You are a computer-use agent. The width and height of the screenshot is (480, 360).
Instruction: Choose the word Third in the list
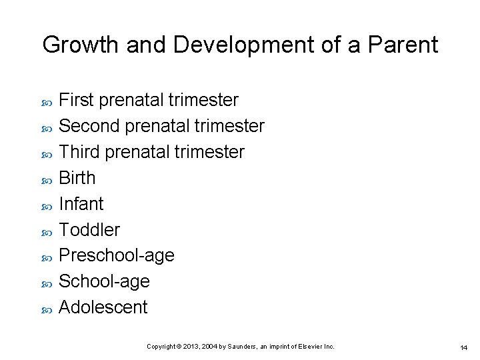79,152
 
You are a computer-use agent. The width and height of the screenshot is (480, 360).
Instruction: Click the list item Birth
77,178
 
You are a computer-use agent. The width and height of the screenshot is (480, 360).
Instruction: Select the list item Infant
81,204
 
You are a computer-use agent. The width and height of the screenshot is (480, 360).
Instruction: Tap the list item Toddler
89,230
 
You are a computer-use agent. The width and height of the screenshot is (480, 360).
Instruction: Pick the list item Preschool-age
117,256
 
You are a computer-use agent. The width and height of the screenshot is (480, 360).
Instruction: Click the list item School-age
104,282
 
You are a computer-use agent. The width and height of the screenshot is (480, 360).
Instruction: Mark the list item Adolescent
103,307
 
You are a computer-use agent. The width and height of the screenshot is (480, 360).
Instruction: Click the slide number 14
463,347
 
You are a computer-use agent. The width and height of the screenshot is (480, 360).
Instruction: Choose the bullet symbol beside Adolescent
46,309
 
